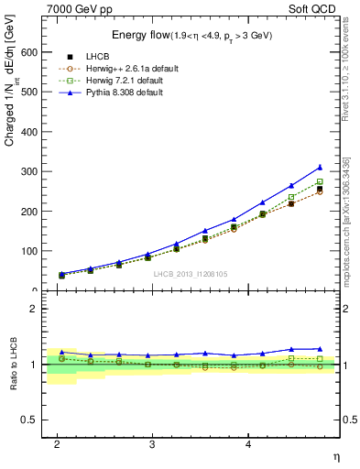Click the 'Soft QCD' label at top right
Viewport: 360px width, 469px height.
[314, 8]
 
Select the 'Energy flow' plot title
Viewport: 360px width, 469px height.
[137, 35]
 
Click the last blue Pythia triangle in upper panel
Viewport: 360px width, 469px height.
[320, 168]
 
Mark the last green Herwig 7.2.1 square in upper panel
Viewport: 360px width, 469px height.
[320, 181]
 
